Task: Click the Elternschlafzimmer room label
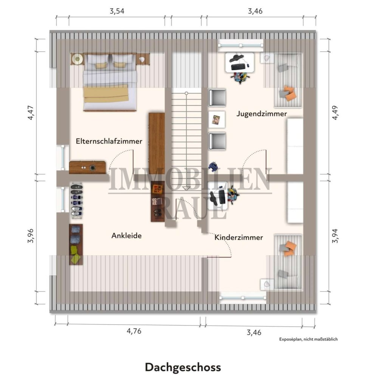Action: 109,141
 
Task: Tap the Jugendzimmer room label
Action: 262,113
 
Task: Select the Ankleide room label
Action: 126,236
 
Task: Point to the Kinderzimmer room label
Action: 239,237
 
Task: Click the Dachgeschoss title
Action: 183,367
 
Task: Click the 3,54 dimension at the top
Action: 117,11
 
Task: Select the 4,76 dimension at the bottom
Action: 134,331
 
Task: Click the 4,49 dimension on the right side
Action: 335,112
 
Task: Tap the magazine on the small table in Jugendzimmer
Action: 217,120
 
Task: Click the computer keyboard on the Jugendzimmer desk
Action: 238,67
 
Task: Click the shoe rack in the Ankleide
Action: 77,200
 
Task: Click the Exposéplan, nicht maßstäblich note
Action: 308,339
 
